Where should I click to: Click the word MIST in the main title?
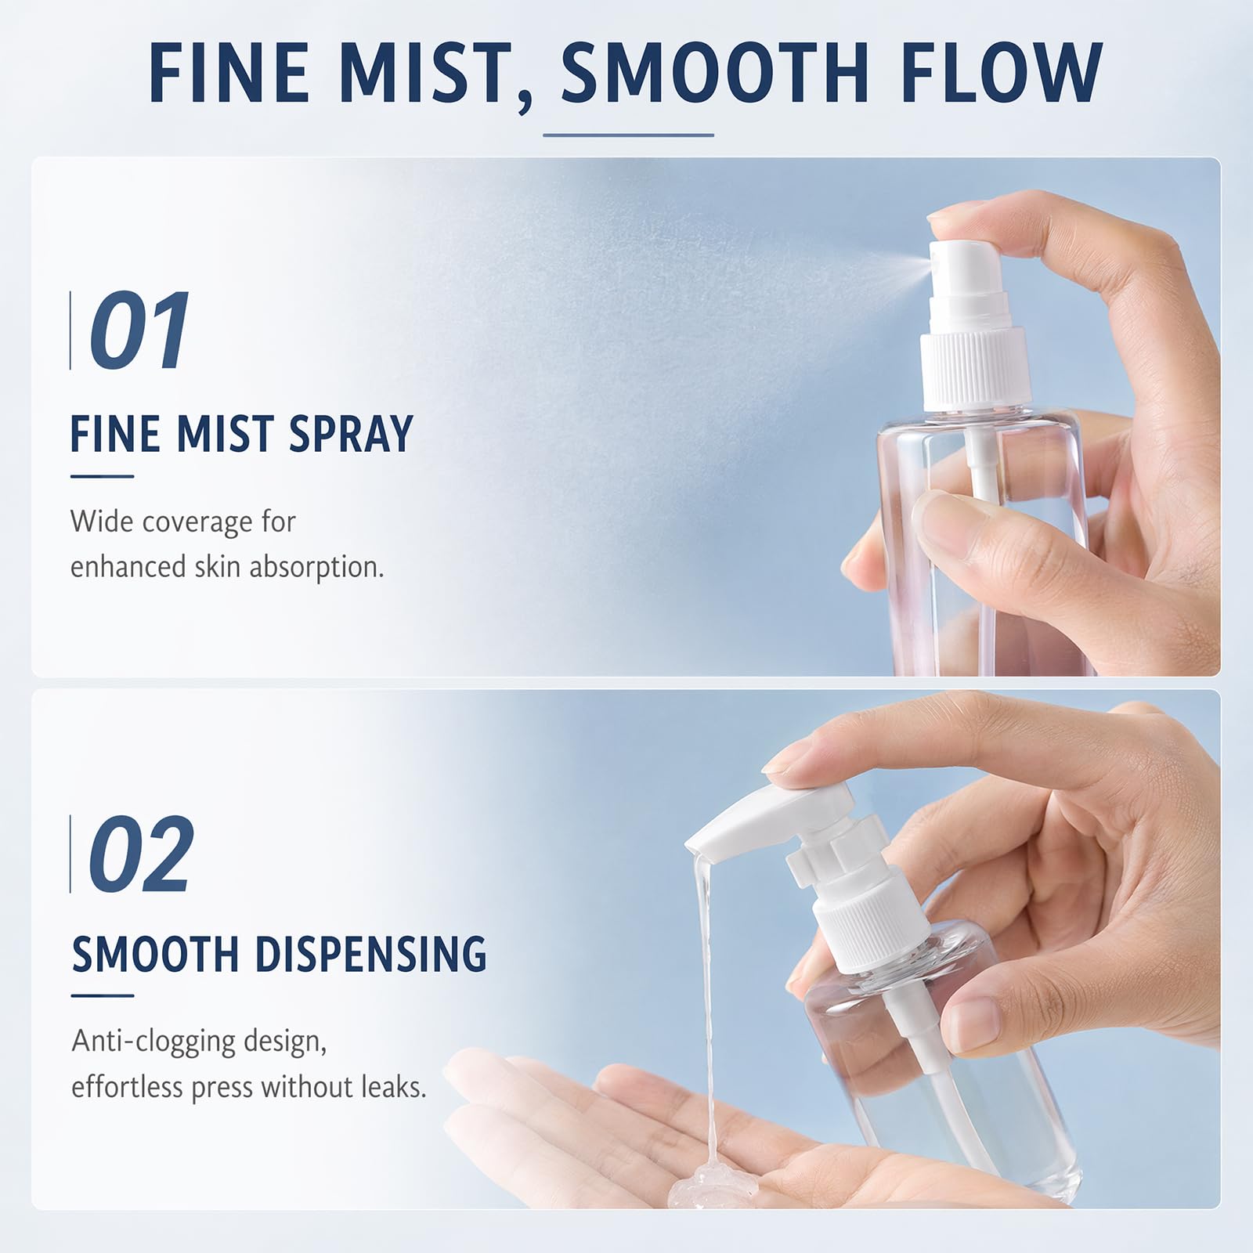[427, 73]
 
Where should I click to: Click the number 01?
[139, 330]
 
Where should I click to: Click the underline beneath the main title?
[628, 135]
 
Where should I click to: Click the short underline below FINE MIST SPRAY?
[102, 475]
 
